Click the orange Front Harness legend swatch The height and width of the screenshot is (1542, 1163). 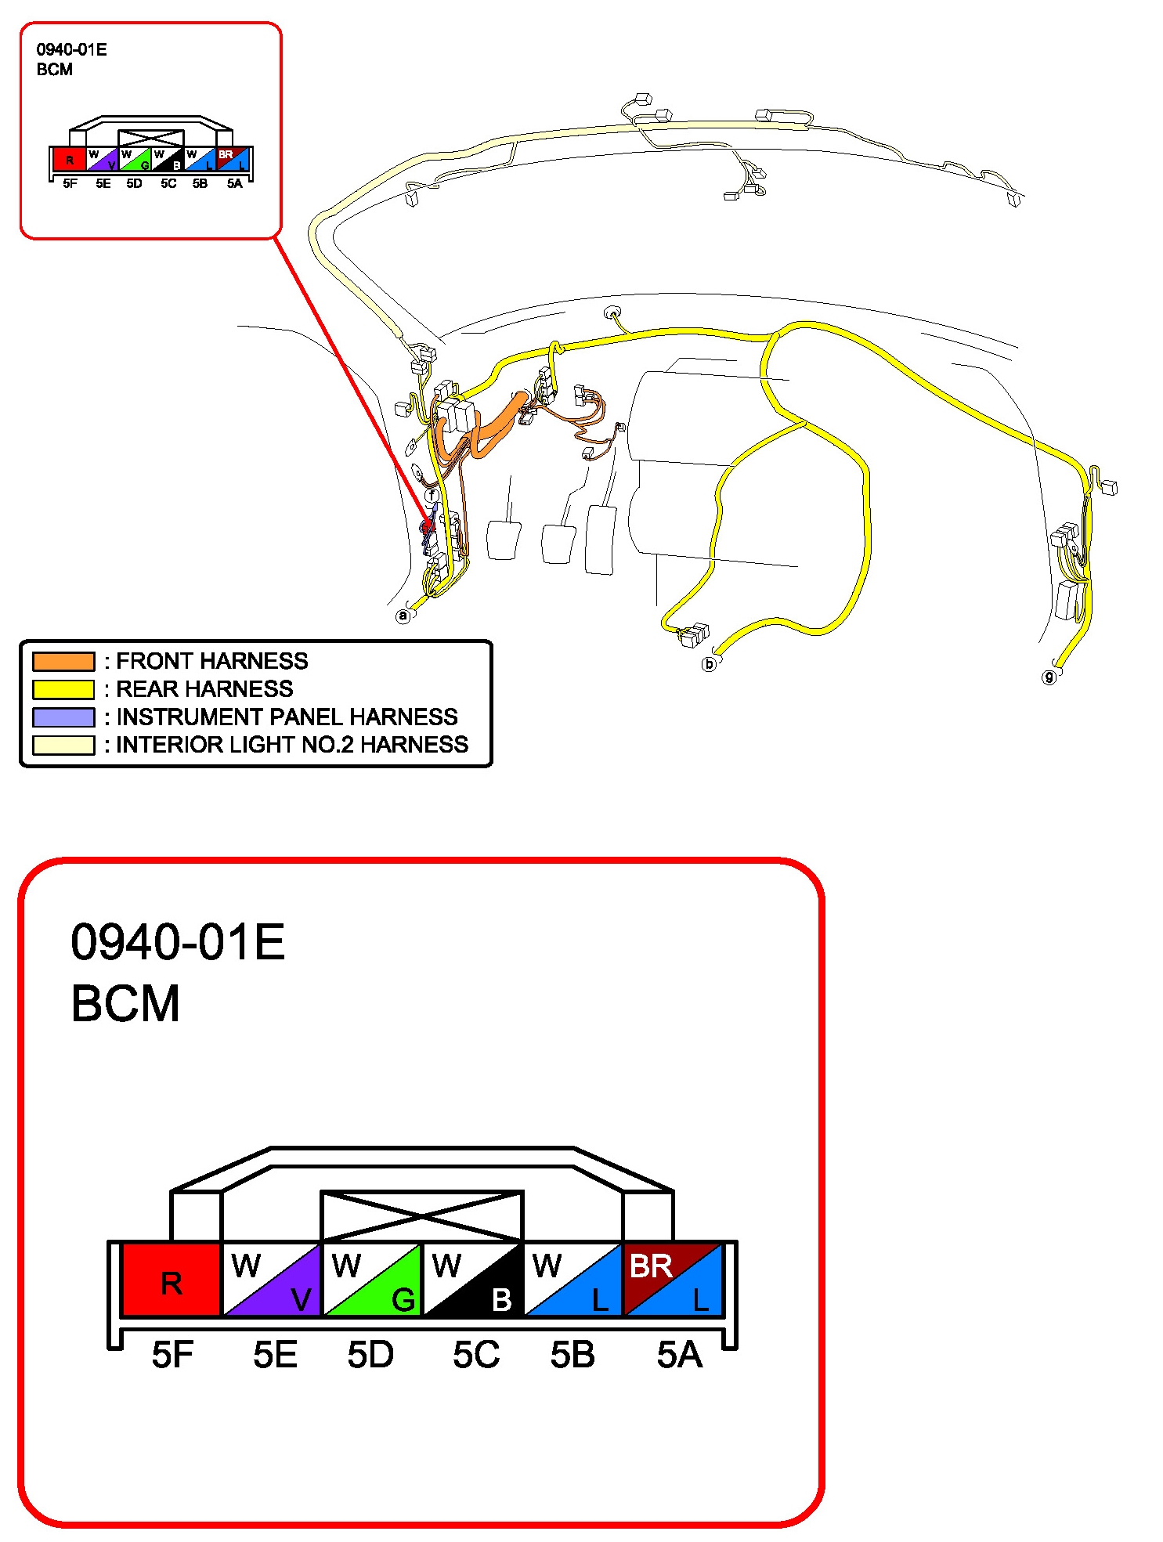[x=63, y=661]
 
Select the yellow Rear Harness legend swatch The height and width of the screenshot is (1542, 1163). [x=63, y=689]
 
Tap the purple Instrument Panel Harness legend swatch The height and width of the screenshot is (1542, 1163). [x=63, y=717]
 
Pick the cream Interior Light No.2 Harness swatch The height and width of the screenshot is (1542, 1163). [x=63, y=745]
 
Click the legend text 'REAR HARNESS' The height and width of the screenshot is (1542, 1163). [x=204, y=689]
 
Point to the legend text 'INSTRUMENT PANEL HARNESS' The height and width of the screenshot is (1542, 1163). [x=287, y=717]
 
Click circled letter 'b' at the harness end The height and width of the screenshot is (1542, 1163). [x=710, y=664]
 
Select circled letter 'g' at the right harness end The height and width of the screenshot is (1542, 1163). [x=1049, y=677]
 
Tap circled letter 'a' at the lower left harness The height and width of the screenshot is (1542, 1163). [x=403, y=616]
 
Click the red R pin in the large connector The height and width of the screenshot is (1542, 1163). [x=172, y=1280]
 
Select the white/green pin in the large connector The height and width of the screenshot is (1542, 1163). [x=373, y=1280]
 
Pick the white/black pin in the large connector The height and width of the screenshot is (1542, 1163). [x=473, y=1280]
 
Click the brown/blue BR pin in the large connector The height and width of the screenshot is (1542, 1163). [x=673, y=1280]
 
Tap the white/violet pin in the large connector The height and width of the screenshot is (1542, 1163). [x=273, y=1280]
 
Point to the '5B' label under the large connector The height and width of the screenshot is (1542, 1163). [x=572, y=1355]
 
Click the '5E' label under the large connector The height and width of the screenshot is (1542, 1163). [x=275, y=1355]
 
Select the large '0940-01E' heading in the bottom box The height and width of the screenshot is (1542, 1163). [x=178, y=941]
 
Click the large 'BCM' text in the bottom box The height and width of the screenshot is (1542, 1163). [x=125, y=1003]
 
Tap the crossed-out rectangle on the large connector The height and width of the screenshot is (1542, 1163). [x=422, y=1216]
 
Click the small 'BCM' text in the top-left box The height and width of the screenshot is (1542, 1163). [x=55, y=70]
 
